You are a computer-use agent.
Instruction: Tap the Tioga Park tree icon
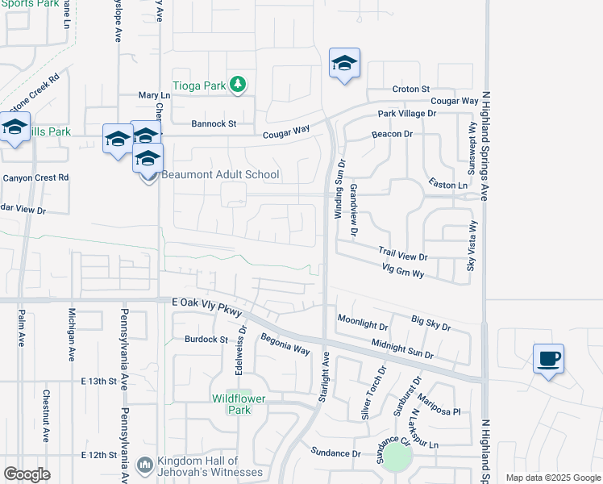point(238,84)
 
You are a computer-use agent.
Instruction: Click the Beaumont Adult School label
point(220,175)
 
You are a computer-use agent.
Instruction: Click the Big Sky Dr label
point(430,323)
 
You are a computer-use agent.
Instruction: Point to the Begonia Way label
point(285,345)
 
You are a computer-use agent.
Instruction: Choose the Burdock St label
point(207,340)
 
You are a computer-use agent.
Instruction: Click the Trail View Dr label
point(402,253)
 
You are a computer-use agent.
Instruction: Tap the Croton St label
point(411,89)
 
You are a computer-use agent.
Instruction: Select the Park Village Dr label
point(407,115)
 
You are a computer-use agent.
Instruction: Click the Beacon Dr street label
point(392,134)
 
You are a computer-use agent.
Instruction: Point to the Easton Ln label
point(448,185)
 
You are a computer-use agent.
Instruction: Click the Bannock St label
point(214,124)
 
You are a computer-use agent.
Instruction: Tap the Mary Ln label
point(151,95)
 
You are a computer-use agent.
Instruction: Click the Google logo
point(27,474)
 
